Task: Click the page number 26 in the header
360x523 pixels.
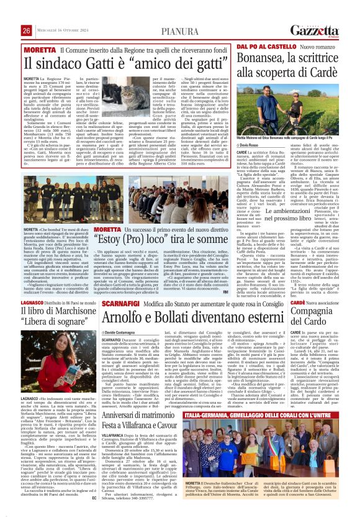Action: (27, 14)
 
